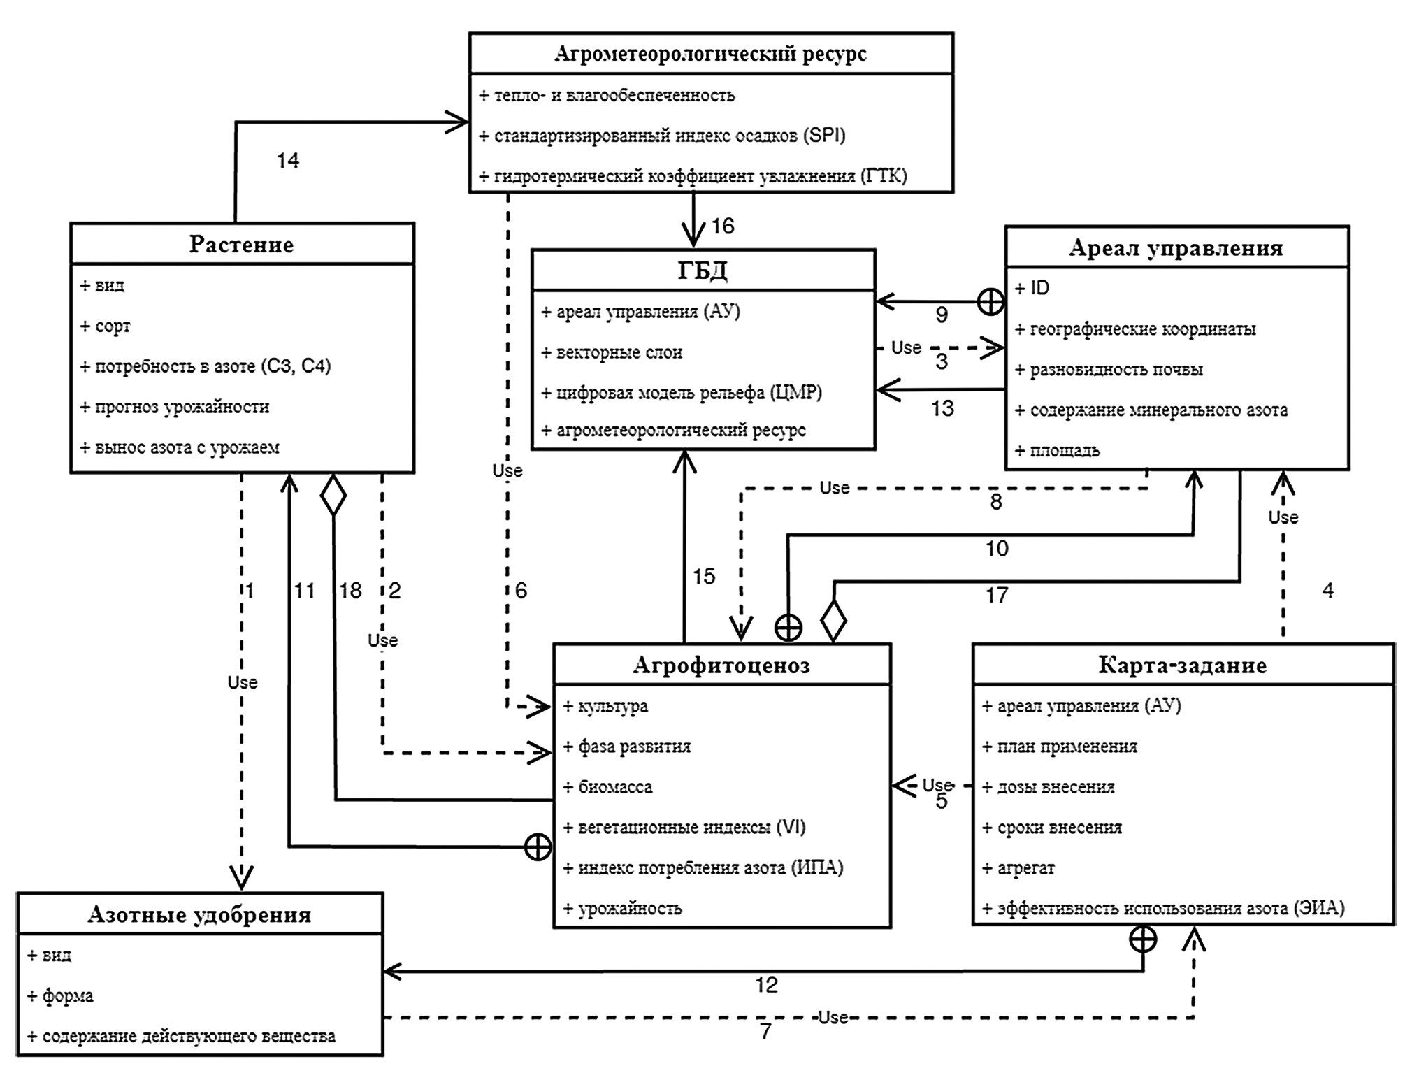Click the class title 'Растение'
[241, 245]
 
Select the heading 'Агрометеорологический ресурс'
[710, 54]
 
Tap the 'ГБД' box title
[703, 271]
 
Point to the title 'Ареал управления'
[1176, 247]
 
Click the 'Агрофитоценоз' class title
[721, 665]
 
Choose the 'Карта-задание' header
[1182, 665]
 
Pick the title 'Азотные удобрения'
[199, 914]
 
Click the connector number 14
[288, 161]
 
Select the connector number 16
[723, 226]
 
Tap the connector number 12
[766, 985]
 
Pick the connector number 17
[997, 595]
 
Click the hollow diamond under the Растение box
[333, 495]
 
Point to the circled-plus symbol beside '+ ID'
[990, 302]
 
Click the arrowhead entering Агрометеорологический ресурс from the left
[459, 122]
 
